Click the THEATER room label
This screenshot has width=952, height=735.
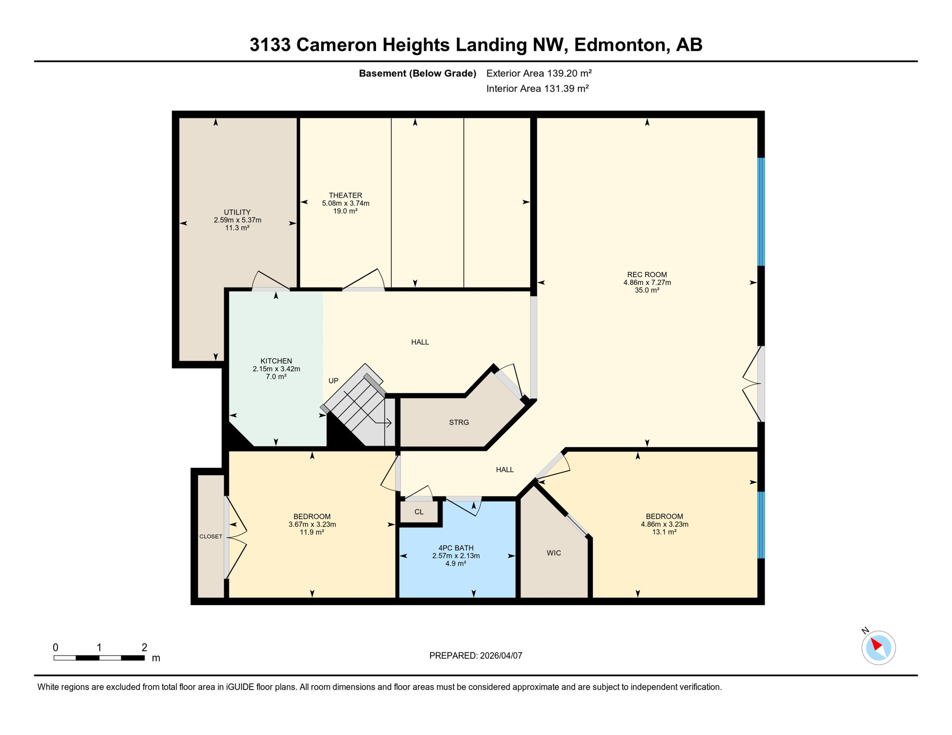[x=345, y=195]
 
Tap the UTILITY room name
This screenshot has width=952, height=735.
[x=237, y=212]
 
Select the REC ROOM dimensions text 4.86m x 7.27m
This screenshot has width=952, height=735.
[x=647, y=282]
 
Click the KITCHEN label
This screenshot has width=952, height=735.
[x=276, y=361]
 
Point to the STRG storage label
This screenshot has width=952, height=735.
[x=459, y=422]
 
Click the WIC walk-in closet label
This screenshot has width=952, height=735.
[x=554, y=553]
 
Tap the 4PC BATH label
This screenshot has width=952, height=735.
[x=455, y=548]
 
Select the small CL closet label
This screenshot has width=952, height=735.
[x=419, y=512]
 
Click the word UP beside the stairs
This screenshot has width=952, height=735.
[x=333, y=381]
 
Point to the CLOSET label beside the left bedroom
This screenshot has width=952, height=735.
[x=211, y=536]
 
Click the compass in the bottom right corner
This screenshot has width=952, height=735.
[x=878, y=647]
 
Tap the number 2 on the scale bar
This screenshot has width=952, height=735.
[x=144, y=647]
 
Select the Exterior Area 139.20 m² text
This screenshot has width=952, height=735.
[x=539, y=73]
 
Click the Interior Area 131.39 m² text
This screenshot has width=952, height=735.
[x=537, y=89]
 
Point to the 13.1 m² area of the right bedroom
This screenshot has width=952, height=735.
[x=664, y=532]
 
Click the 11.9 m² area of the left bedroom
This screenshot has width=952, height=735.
[x=312, y=532]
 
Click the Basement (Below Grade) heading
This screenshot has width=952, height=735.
[x=417, y=73]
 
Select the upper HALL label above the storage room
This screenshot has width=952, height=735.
[x=419, y=342]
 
